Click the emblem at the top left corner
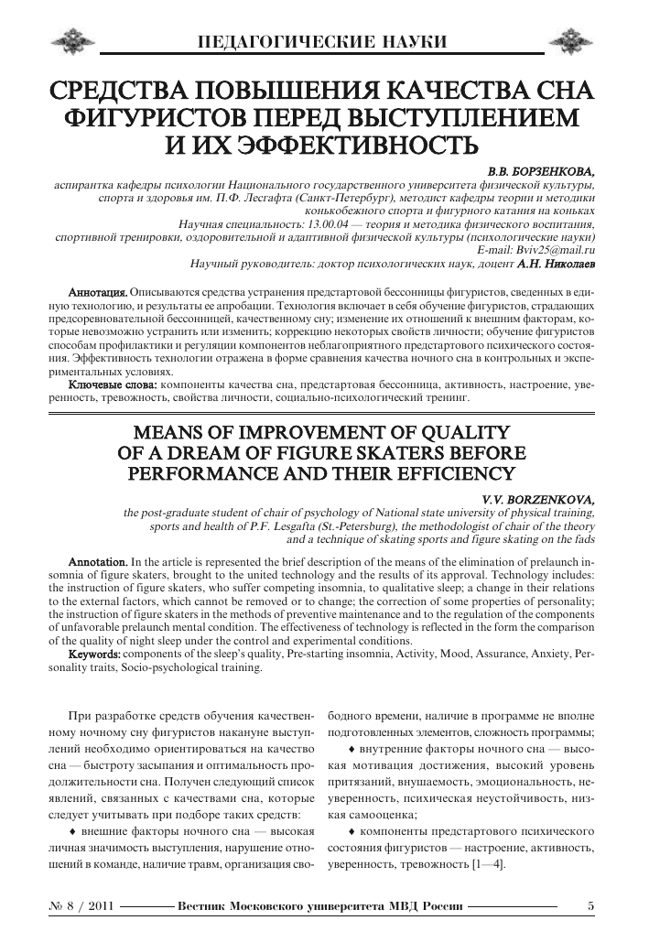72,41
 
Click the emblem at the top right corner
578,41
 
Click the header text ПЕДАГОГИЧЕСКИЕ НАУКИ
323,42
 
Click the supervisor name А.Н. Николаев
556,264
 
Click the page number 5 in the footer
590,905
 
